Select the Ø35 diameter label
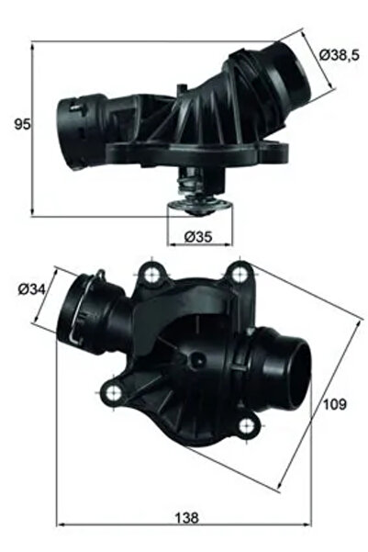pyautogui.click(x=198, y=236)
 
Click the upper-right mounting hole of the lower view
pyautogui.click(x=240, y=271)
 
